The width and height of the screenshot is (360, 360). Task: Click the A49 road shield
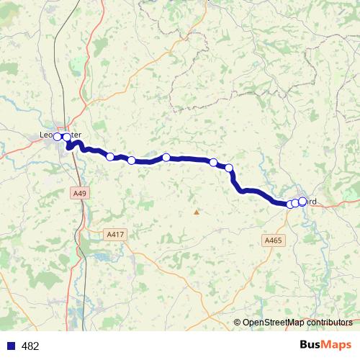pyautogui.click(x=79, y=193)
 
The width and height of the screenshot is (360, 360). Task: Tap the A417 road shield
pyautogui.click(x=114, y=234)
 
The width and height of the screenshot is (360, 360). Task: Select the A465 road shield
pyautogui.click(x=273, y=240)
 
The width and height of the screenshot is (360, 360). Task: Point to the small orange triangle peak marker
pyautogui.click(x=196, y=212)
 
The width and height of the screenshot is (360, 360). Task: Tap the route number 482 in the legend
pyautogui.click(x=30, y=346)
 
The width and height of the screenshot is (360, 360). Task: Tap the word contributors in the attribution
pyautogui.click(x=330, y=323)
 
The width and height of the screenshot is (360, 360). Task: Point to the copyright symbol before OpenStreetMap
pyautogui.click(x=238, y=323)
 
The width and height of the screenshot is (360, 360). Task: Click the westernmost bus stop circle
pyautogui.click(x=58, y=137)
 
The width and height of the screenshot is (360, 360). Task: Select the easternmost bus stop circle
pyautogui.click(x=302, y=202)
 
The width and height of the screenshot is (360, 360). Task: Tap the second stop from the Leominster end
pyautogui.click(x=67, y=137)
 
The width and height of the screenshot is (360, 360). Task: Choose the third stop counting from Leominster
pyautogui.click(x=110, y=156)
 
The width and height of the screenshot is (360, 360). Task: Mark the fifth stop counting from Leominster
pyautogui.click(x=166, y=157)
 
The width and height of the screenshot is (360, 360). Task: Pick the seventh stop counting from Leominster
pyautogui.click(x=229, y=168)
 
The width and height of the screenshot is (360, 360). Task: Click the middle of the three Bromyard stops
pyautogui.click(x=295, y=203)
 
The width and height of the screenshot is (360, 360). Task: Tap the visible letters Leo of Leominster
pyautogui.click(x=45, y=135)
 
